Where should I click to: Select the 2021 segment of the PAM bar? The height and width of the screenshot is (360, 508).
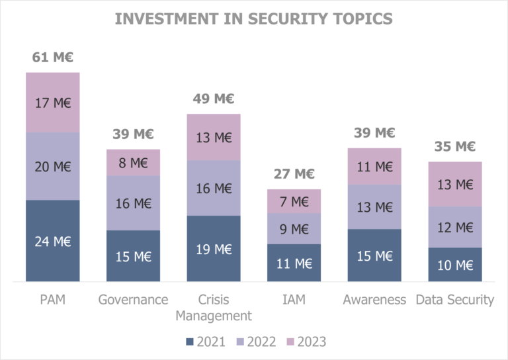(x=53, y=241)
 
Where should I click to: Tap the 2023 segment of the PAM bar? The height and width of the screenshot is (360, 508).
(x=53, y=103)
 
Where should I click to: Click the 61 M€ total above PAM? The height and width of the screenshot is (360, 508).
(x=53, y=58)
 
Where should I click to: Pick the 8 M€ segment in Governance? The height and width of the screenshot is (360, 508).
(x=134, y=163)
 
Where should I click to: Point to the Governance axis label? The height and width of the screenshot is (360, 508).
(x=134, y=300)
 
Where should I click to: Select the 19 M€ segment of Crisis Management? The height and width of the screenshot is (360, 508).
(x=214, y=249)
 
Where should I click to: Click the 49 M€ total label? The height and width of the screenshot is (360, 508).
(x=214, y=99)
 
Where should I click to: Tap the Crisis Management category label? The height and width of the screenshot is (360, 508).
(x=214, y=308)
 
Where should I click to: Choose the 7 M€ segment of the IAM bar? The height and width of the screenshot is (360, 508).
(x=294, y=201)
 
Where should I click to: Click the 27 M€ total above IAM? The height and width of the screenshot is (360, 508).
(x=294, y=175)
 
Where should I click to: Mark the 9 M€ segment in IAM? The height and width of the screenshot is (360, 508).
(x=294, y=229)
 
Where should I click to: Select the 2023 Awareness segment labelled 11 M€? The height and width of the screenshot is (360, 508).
(x=374, y=166)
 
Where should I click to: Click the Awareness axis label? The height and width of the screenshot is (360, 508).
(x=374, y=300)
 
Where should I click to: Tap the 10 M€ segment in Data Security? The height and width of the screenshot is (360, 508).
(x=455, y=265)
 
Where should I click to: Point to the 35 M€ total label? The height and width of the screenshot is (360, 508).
(x=455, y=147)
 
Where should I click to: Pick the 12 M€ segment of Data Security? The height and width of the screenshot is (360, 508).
(x=455, y=227)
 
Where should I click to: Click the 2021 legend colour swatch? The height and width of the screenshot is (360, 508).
(x=190, y=341)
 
